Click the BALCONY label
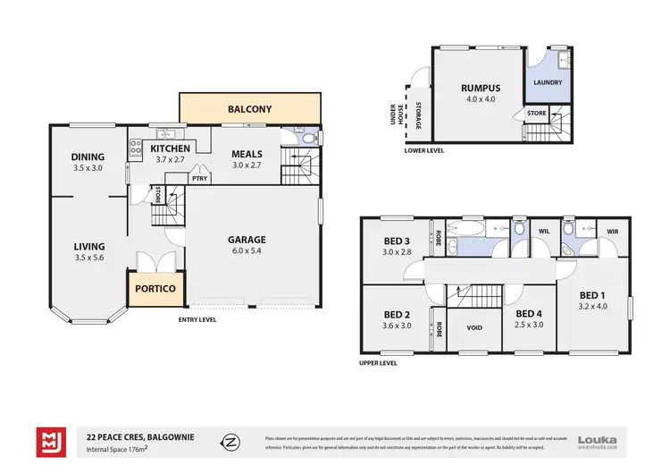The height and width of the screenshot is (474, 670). pos(249,109)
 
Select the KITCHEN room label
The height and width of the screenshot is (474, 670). pos(169,148)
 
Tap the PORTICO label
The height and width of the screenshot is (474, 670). pos(155,289)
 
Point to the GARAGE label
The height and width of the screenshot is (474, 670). pos(247,240)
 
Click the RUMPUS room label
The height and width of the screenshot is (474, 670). pos(480,88)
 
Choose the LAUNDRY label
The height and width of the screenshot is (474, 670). pos(548,82)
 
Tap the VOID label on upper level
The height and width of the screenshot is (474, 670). pos(474,328)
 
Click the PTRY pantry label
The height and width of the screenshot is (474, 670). pos(199,177)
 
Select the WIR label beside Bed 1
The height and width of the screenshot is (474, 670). pos(612,232)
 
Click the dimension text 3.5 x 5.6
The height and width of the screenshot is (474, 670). pos(89,258)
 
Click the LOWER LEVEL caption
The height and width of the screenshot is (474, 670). pos(424,151)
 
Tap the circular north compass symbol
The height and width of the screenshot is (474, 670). pos(230,442)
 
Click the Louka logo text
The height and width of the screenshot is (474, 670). pos(597,438)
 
